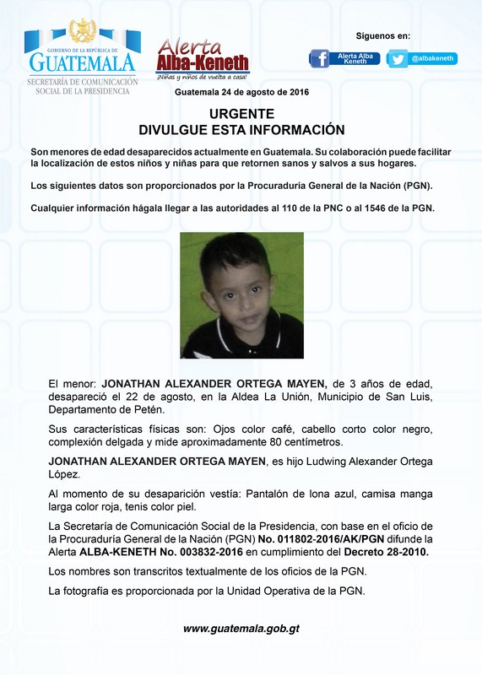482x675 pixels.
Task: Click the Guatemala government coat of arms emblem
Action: pos(82,31)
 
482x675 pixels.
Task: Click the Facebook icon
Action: pos(319,58)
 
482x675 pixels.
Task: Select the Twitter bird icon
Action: pos(397,58)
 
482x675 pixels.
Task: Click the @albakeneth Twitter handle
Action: pos(433,58)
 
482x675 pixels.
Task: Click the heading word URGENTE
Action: pos(241,114)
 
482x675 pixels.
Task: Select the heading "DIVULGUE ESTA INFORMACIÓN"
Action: pos(241,130)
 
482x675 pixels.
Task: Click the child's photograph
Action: pos(241,295)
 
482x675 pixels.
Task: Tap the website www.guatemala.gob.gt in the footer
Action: pos(241,629)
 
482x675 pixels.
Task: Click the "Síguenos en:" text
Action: pos(382,36)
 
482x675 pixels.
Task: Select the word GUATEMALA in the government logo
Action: pos(82,63)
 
